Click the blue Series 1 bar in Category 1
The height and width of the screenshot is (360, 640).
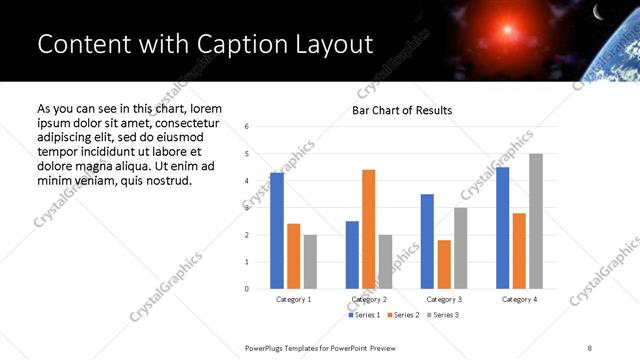277,231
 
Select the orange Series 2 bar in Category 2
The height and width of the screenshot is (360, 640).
369,229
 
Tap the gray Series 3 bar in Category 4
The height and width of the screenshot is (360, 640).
536,221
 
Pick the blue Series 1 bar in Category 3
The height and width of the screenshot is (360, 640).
427,241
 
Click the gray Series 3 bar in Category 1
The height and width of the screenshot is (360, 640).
310,262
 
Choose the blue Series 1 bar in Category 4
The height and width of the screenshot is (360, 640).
502,228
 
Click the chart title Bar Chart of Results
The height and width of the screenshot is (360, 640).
402,110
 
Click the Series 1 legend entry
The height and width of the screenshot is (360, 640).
363,315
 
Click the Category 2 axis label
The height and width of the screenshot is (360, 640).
369,299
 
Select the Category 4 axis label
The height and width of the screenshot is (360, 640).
518,299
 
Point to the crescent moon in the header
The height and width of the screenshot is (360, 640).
598,13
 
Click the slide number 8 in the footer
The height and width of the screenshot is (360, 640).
590,347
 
